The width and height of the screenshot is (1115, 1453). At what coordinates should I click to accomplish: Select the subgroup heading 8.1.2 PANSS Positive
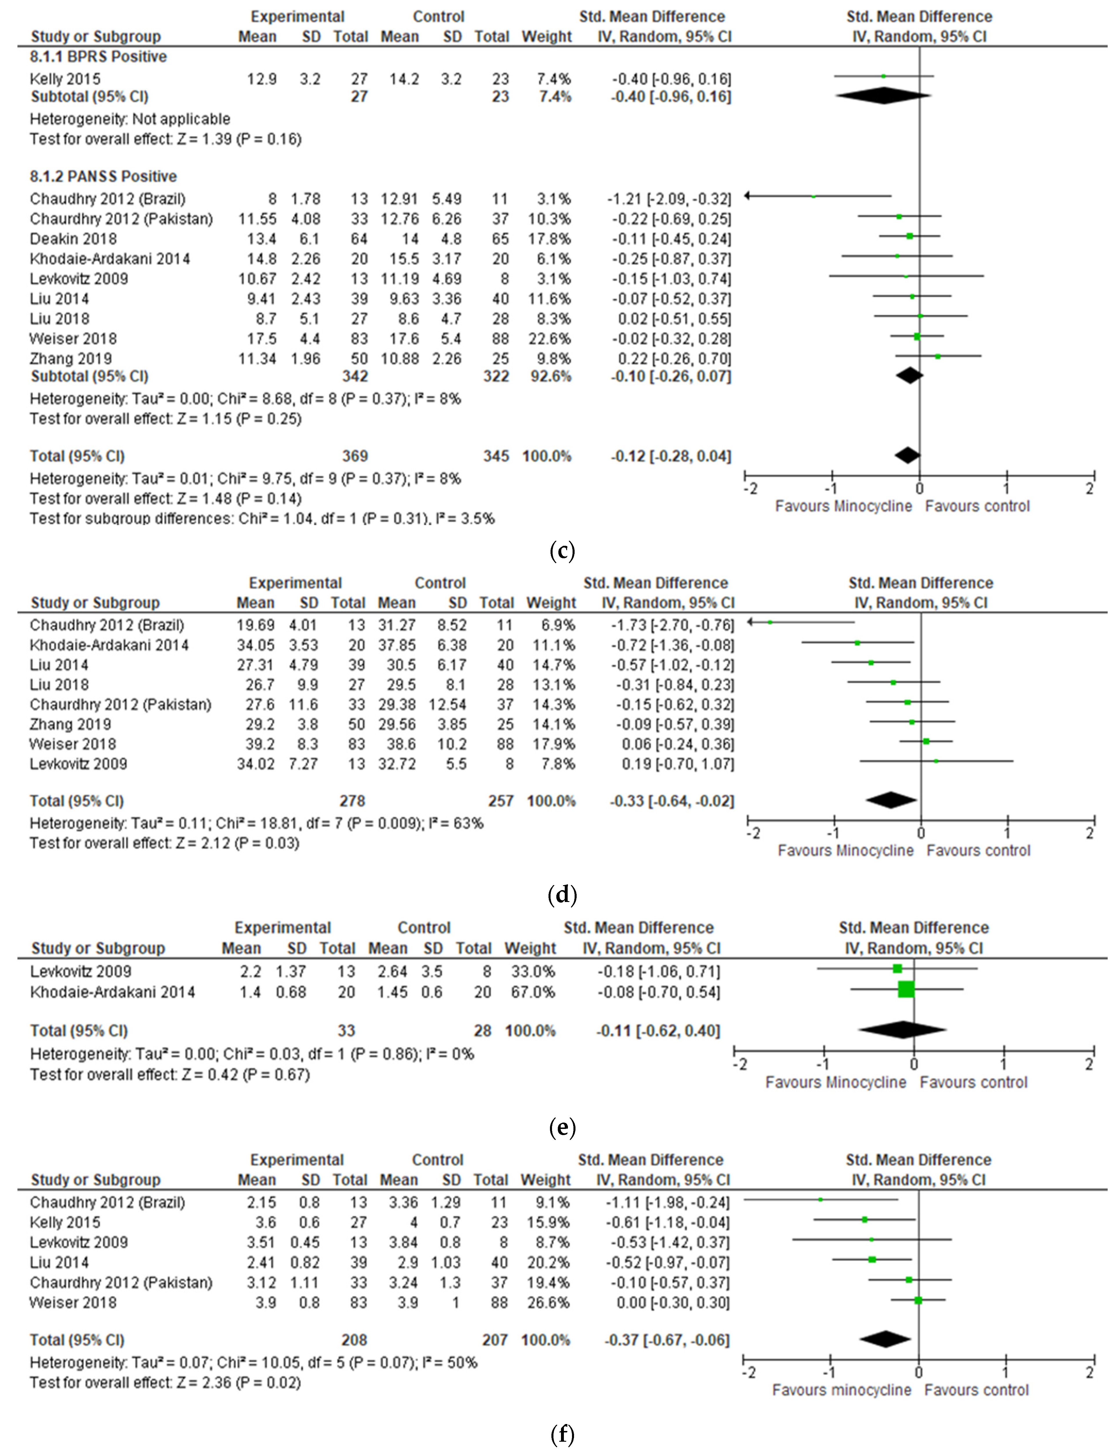pyautogui.click(x=103, y=177)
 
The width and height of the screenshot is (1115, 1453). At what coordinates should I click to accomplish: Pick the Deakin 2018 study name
pyautogui.click(x=73, y=239)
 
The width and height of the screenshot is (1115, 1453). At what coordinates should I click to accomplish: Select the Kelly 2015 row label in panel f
pyautogui.click(x=65, y=1222)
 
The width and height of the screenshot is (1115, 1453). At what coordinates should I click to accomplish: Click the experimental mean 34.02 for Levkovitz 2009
pyautogui.click(x=256, y=764)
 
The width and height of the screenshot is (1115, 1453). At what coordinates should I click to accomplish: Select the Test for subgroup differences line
pyautogui.click(x=262, y=518)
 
